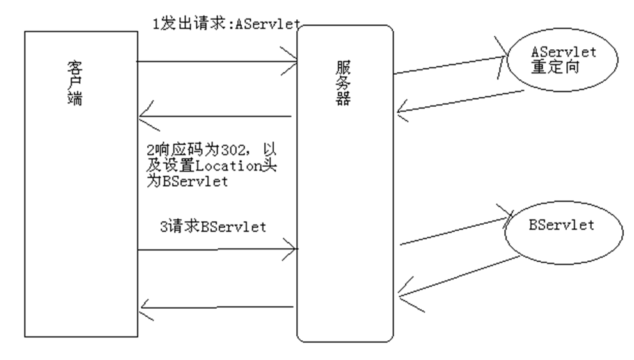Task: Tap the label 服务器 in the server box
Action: pyautogui.click(x=344, y=83)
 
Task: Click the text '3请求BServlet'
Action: pyautogui.click(x=212, y=226)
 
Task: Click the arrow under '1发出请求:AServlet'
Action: pyautogui.click(x=218, y=62)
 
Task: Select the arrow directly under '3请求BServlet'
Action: pyautogui.click(x=218, y=248)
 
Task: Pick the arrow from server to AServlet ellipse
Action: pyautogui.click(x=448, y=65)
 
